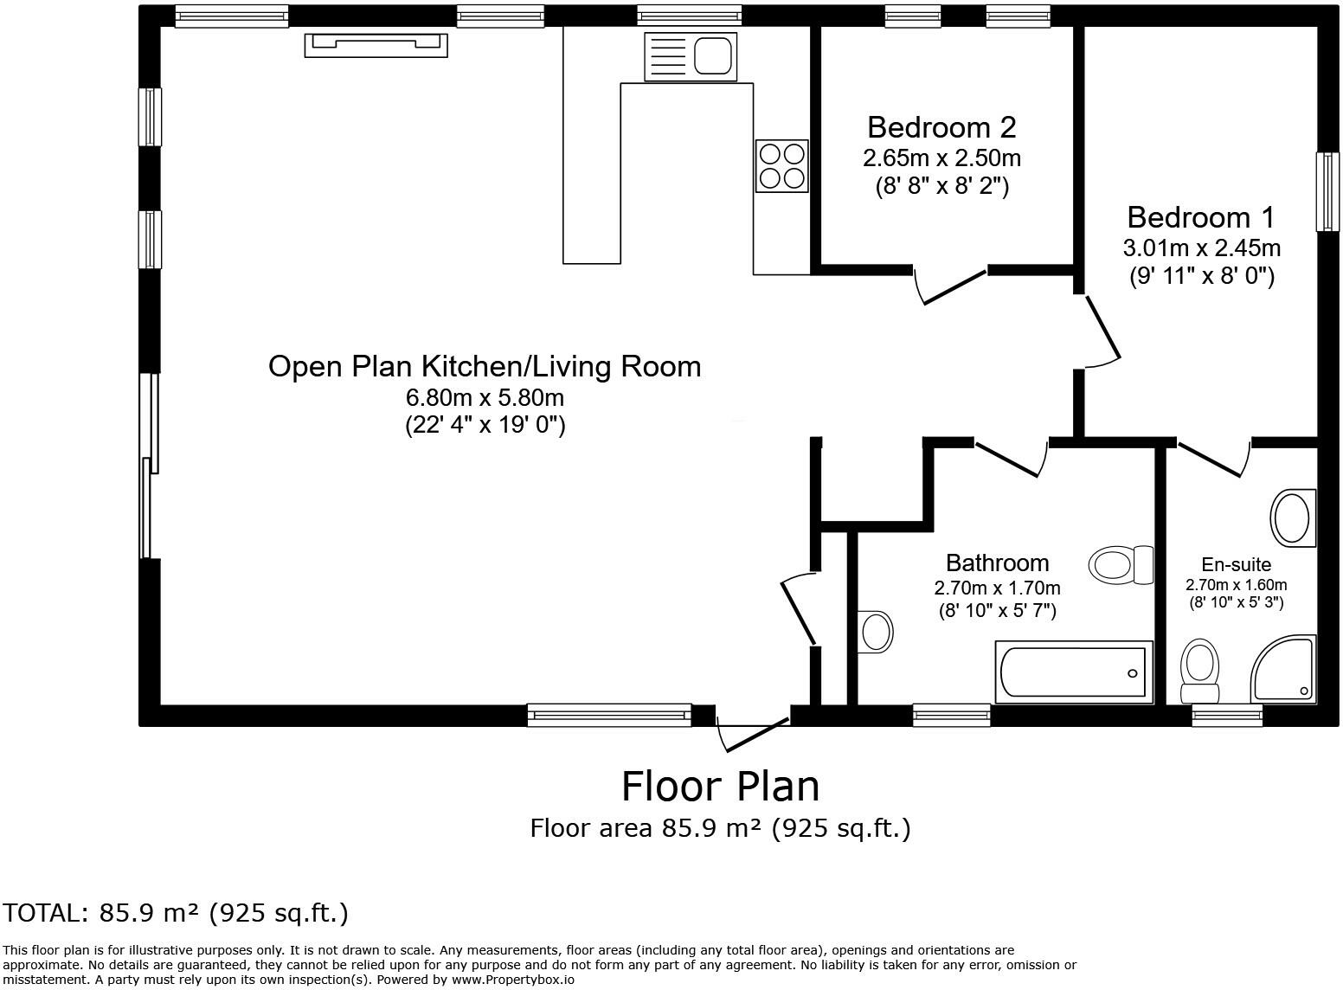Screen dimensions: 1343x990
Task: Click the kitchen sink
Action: click(x=690, y=56)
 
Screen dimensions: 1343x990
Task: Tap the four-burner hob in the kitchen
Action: click(x=781, y=166)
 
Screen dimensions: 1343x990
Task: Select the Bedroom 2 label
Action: click(x=941, y=128)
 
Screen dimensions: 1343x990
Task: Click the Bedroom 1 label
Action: click(x=1201, y=217)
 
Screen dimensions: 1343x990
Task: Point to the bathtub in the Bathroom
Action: click(x=1074, y=672)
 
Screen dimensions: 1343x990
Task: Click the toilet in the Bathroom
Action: click(x=1121, y=564)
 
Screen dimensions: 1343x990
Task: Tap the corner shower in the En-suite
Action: click(x=1283, y=669)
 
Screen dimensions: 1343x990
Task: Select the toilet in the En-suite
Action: click(x=1199, y=671)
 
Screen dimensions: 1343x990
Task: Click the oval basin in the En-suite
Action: click(x=1293, y=518)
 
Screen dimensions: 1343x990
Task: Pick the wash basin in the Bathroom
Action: click(x=876, y=632)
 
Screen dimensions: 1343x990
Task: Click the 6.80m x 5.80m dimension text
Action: click(x=485, y=397)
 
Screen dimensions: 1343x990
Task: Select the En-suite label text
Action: click(x=1237, y=564)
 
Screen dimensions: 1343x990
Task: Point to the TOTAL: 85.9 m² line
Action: click(x=175, y=913)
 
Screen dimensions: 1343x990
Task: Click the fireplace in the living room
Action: click(x=376, y=46)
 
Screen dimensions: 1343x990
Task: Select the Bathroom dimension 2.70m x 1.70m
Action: click(x=997, y=588)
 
